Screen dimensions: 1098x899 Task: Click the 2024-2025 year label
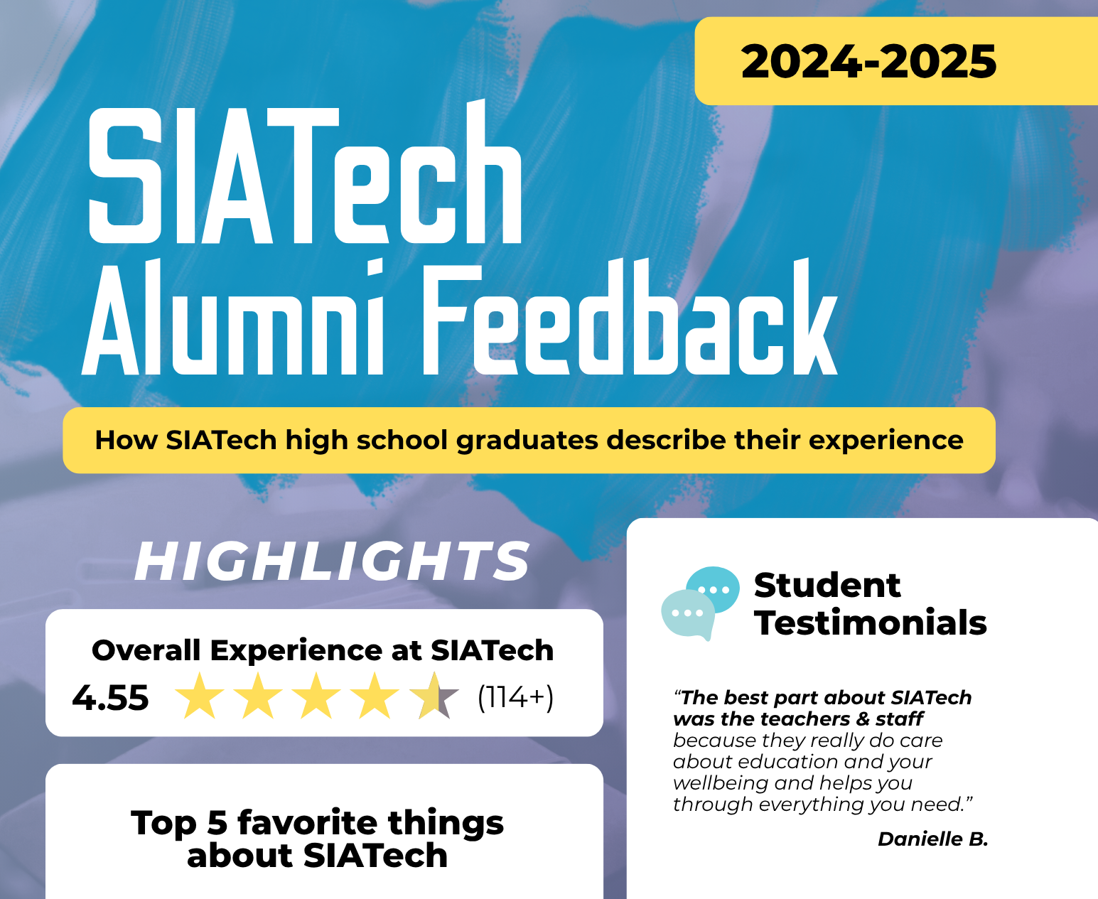click(868, 61)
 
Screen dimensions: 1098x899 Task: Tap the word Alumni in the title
click(232, 317)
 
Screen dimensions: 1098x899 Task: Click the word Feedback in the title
click(630, 316)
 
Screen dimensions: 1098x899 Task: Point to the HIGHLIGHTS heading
click(332, 561)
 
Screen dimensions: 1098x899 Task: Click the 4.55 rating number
click(110, 698)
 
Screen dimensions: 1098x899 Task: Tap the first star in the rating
click(200, 696)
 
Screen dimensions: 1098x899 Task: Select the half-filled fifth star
click(434, 696)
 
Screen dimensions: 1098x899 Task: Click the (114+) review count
click(515, 697)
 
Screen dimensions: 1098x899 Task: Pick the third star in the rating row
click(316, 696)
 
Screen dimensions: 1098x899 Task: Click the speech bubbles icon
click(700, 603)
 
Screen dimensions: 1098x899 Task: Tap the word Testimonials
click(871, 623)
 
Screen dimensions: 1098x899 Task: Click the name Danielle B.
click(933, 839)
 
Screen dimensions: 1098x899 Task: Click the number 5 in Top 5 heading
click(217, 823)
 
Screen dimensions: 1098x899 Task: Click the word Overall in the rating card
click(146, 650)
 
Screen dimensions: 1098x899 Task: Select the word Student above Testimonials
click(827, 585)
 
